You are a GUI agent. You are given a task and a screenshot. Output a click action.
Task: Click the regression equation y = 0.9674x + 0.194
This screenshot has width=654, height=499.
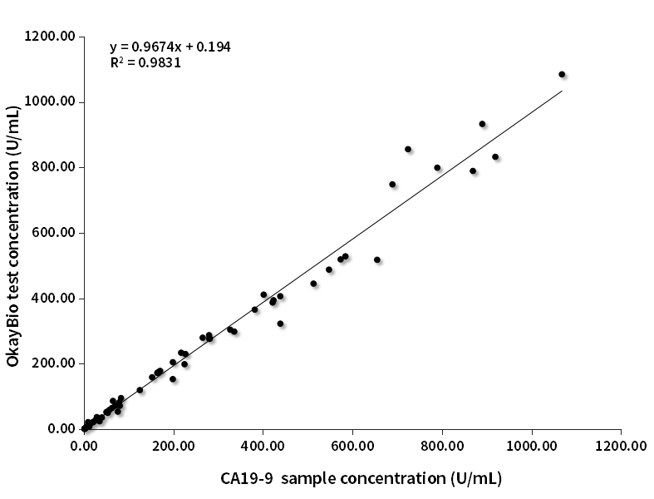[x=170, y=47]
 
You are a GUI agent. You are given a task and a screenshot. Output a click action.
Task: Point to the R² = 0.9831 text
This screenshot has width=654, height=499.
[x=145, y=62]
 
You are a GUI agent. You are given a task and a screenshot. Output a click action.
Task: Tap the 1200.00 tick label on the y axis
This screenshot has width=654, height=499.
[x=52, y=37]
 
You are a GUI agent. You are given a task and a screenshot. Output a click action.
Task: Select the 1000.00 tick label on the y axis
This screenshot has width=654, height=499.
[x=52, y=102]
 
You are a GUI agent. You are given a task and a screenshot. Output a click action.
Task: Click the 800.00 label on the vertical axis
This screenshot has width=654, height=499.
[x=55, y=167]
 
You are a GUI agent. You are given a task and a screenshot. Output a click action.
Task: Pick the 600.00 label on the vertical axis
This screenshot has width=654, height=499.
[x=55, y=233]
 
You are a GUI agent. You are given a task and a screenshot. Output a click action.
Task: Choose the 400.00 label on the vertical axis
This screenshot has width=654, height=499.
[x=55, y=299]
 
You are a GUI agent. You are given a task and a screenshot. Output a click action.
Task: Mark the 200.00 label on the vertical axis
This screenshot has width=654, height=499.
[x=55, y=363]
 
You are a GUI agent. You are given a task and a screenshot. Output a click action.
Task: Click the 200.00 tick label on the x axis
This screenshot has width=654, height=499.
[x=174, y=446]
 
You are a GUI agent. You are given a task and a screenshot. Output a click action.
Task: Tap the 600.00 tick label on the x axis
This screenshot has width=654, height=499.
[x=352, y=446]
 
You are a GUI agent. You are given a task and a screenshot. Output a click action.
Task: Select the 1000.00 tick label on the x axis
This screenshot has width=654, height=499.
[x=532, y=446]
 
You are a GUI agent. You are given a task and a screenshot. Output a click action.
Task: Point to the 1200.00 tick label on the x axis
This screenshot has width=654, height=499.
[x=621, y=446]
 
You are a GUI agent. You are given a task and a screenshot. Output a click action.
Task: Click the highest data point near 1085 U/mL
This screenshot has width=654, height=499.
[x=562, y=74]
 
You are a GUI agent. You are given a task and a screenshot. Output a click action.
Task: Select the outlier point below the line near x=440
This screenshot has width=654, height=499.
[x=280, y=324]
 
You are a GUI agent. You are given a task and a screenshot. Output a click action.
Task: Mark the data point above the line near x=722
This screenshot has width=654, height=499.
[x=408, y=149]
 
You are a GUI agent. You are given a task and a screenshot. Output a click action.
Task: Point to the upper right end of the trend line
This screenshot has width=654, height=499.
[x=562, y=91]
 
